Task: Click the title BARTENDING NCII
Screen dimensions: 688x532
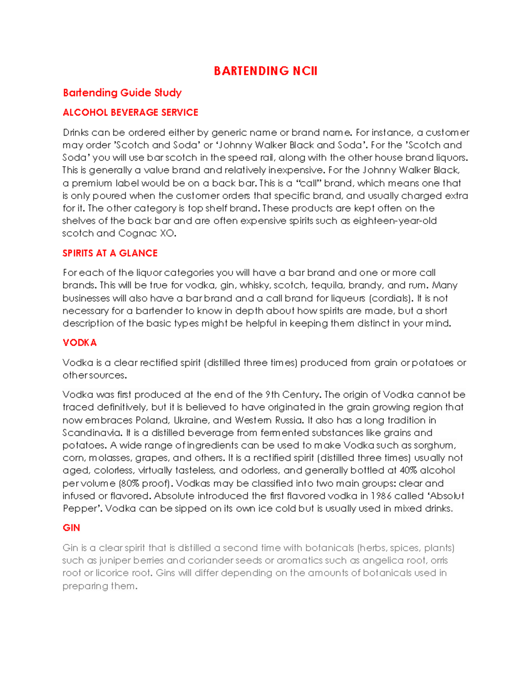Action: click(x=266, y=71)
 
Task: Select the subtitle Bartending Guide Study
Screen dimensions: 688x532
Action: click(x=122, y=93)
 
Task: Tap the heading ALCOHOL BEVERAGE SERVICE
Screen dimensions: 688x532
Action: click(x=130, y=113)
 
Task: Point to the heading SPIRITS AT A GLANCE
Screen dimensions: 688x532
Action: click(x=110, y=253)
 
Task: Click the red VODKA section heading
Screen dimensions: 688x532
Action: click(x=79, y=342)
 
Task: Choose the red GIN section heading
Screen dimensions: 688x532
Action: click(x=71, y=528)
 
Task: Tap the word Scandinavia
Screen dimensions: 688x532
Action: click(x=92, y=433)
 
